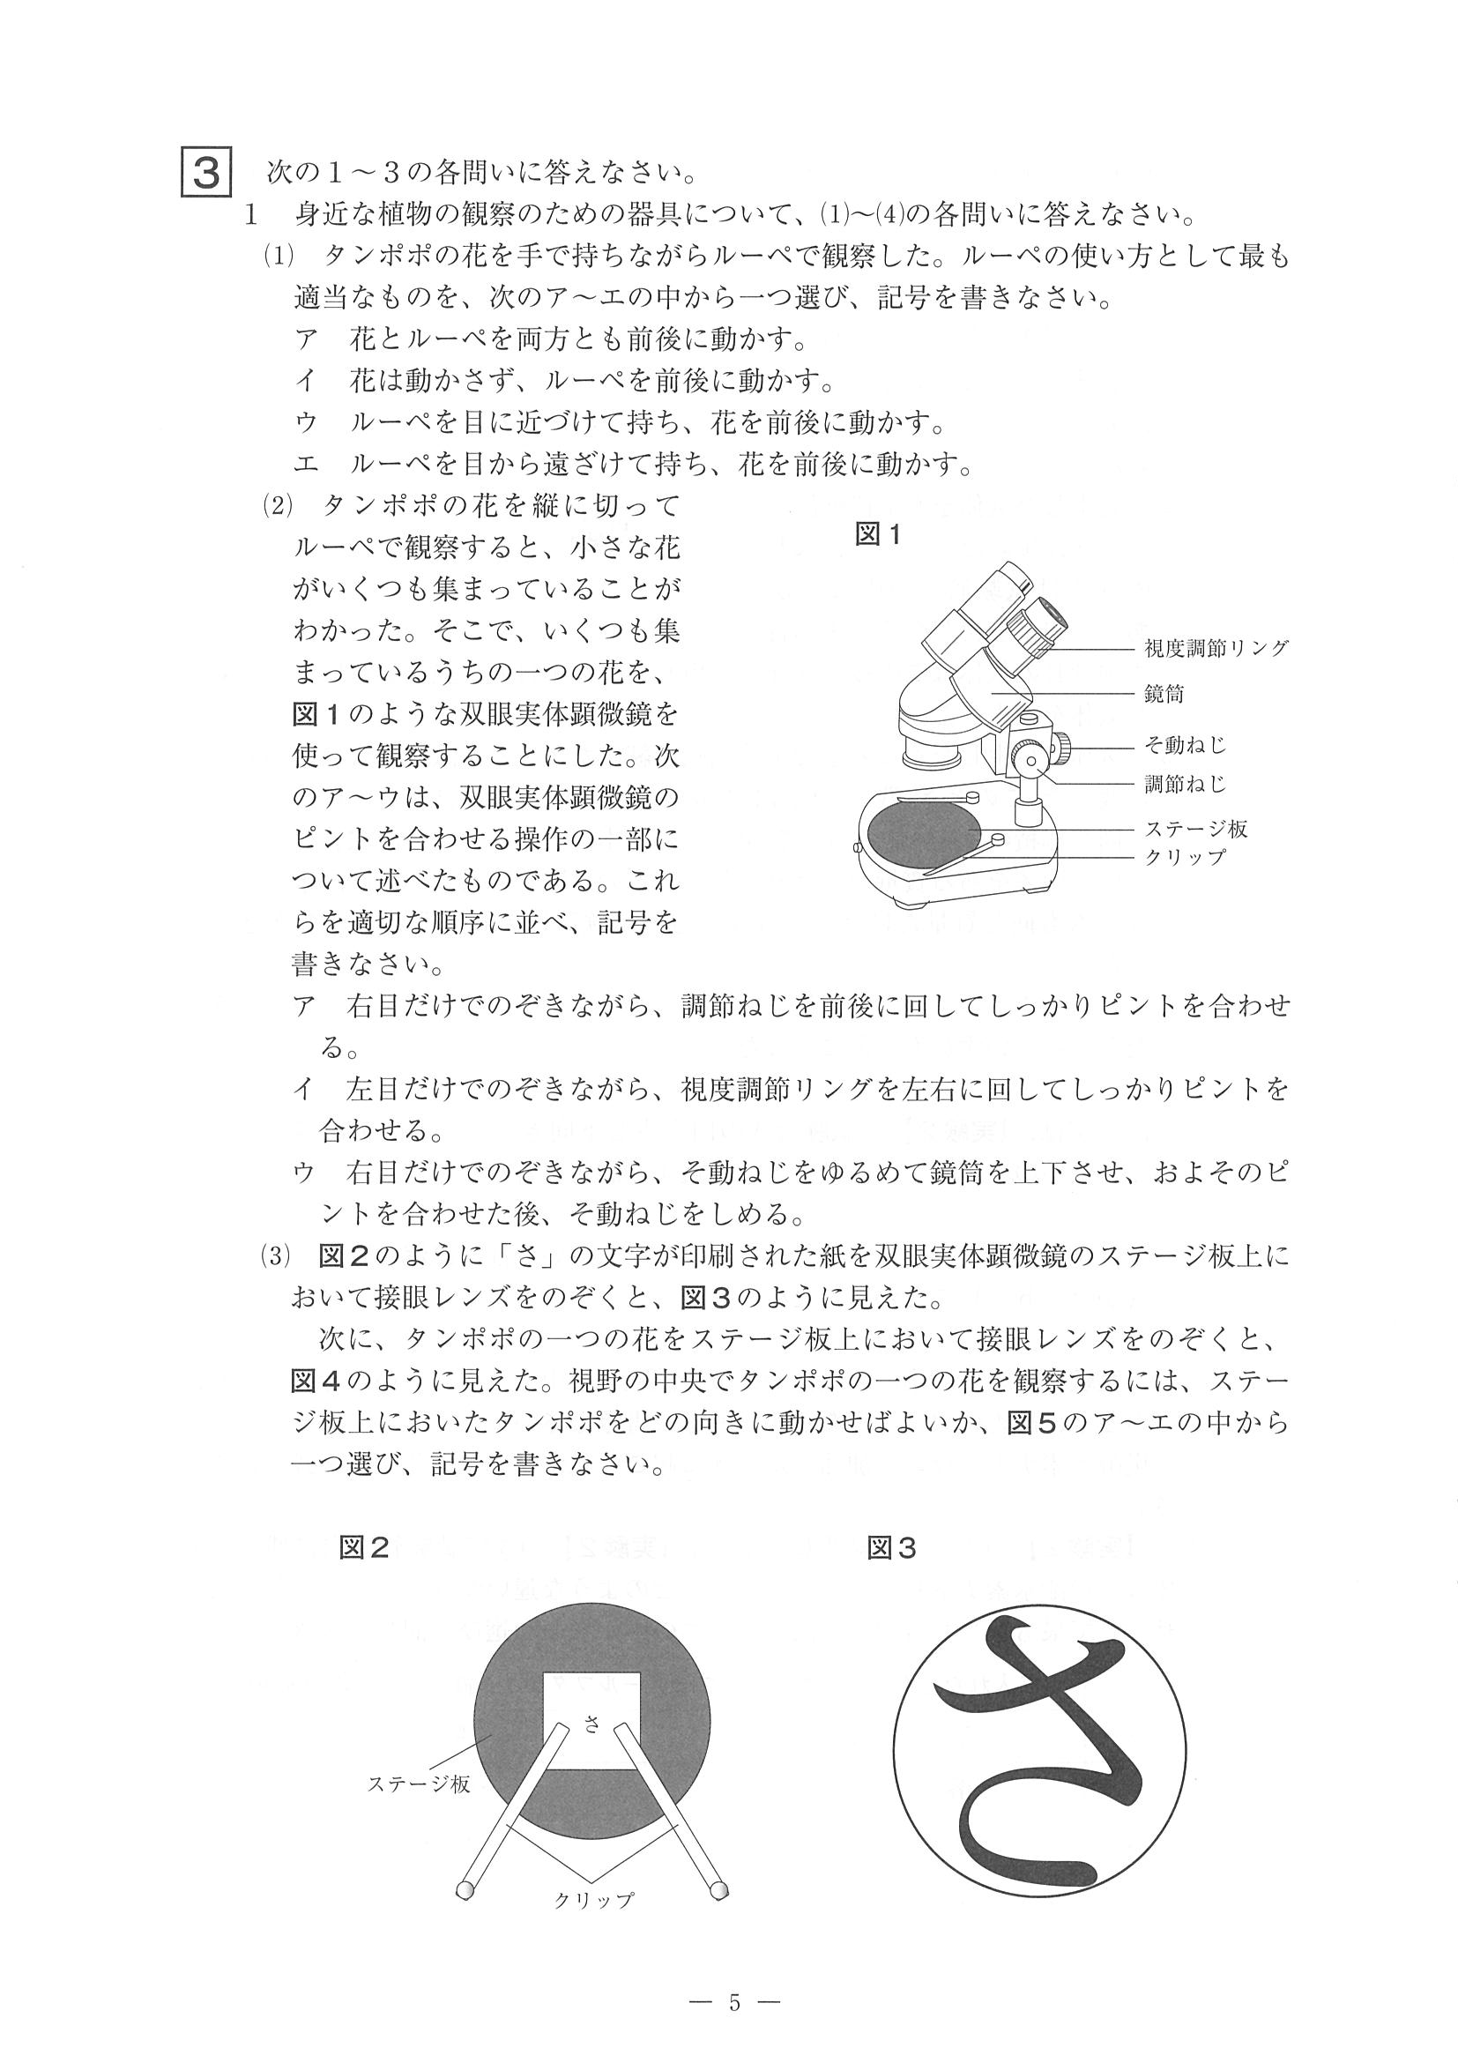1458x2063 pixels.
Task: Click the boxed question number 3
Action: [206, 172]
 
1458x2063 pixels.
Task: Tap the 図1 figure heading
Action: [878, 534]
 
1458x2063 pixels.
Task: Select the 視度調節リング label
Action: [1216, 648]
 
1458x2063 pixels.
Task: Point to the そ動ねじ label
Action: [1185, 745]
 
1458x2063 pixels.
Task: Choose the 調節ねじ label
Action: [1185, 785]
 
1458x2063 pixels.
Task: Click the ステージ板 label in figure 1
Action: [1194, 830]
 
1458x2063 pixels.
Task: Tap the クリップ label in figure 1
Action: [1184, 856]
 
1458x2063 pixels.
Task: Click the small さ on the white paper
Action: [591, 1724]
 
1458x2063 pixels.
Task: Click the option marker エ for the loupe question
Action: [304, 465]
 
